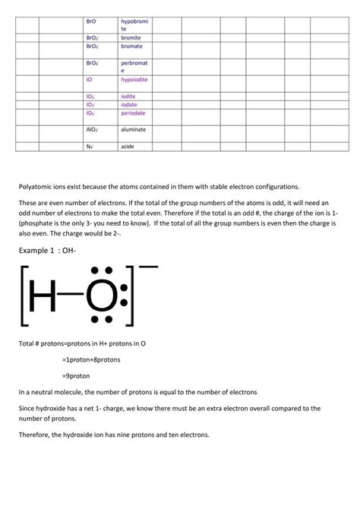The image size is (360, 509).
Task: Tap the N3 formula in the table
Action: click(x=90, y=146)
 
